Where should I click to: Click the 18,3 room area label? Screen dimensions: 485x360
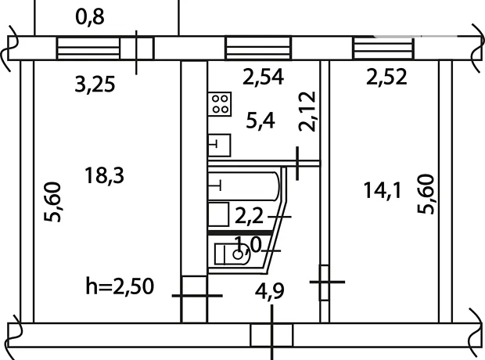coord(104,176)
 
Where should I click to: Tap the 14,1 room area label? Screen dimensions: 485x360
coord(383,190)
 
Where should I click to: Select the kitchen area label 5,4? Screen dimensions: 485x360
coord(260,121)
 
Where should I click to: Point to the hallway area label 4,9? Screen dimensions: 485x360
coord(269,291)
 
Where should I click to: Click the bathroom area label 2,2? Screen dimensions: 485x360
coord(249,216)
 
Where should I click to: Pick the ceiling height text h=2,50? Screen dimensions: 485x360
coord(120,286)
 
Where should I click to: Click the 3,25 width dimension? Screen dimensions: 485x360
coord(95,85)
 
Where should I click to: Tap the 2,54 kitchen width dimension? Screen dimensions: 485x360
coord(263,77)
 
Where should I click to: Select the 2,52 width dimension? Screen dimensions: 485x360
coord(386,77)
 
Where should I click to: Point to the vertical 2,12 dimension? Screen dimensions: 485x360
coord(307,111)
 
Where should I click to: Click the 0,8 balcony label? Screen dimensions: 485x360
coord(90,16)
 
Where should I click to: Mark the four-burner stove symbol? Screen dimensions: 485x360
coord(220,104)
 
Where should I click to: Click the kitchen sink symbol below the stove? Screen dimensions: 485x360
coord(219,146)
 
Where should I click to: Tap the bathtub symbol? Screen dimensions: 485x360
coord(244,186)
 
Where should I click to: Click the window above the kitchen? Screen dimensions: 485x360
coord(258,48)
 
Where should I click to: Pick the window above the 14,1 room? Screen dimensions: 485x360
coord(384,48)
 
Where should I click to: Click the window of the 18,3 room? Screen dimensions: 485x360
coord(88,48)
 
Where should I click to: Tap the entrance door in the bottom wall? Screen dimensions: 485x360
coord(271,335)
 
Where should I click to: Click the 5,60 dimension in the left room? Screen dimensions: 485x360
coord(52,202)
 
